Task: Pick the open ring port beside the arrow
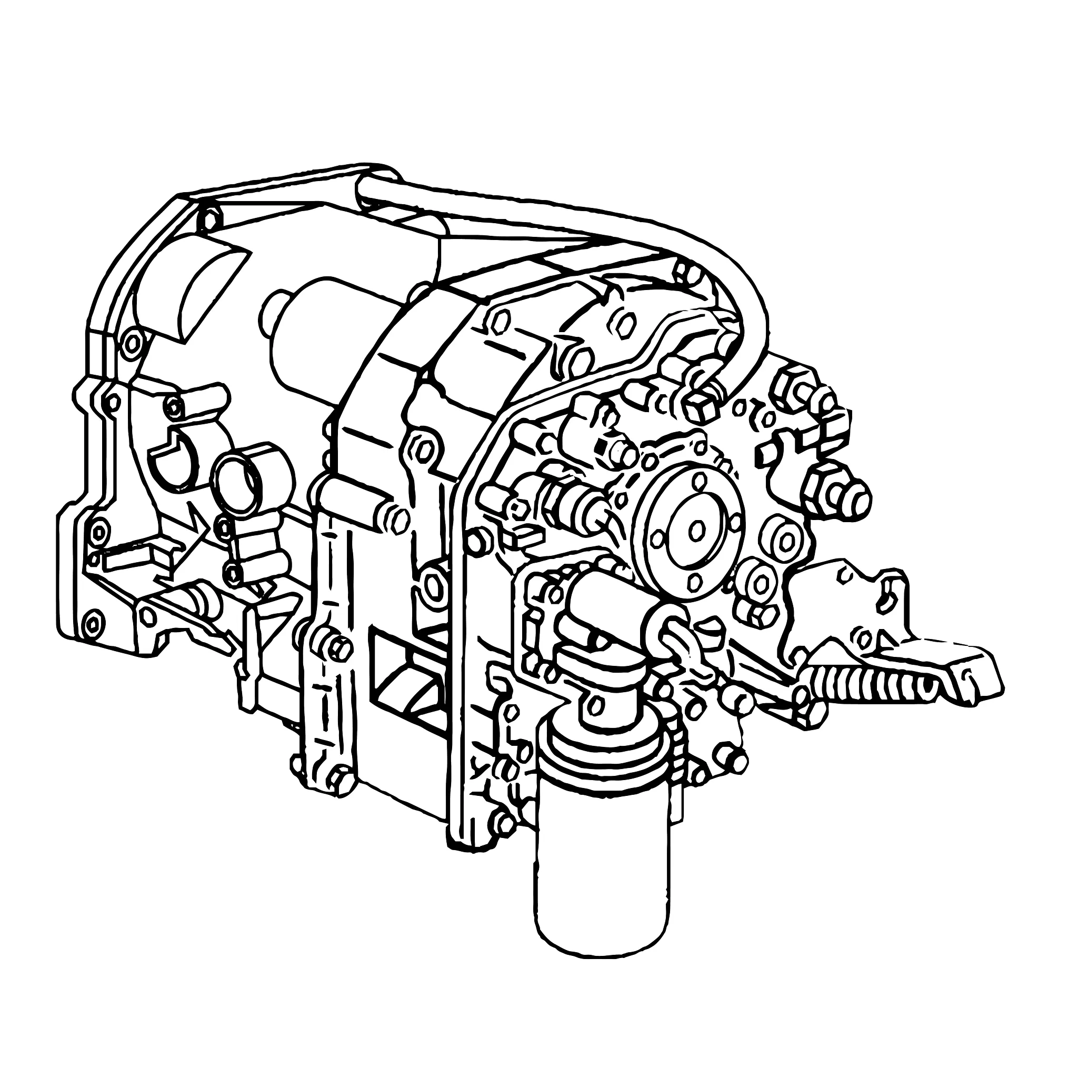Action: coord(239,483)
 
